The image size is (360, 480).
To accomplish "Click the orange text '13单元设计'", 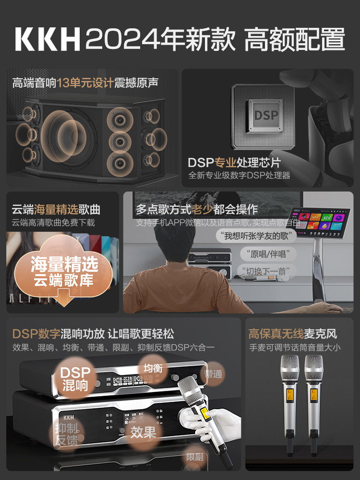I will (85, 83).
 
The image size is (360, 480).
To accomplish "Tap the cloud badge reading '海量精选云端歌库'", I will (64, 271).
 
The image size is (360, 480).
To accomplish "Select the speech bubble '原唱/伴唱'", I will (265, 254).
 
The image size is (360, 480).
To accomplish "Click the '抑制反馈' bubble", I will (67, 434).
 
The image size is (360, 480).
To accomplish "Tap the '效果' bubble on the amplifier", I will (143, 432).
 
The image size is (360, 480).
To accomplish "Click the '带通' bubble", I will (213, 373).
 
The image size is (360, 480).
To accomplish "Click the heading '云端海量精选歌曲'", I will (56, 209).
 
